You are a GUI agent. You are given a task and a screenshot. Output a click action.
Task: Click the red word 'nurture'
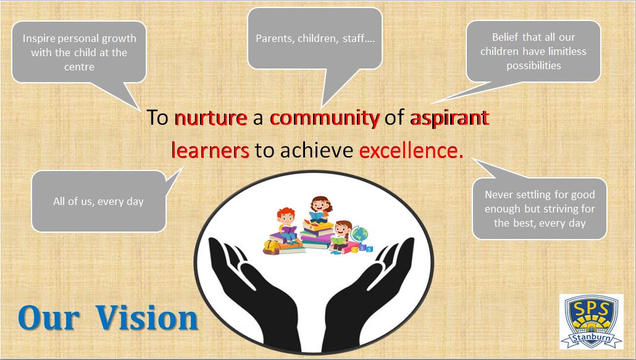point(211,118)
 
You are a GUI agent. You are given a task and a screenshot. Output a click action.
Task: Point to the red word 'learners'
point(210,150)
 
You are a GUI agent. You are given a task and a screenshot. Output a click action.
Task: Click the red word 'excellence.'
point(411,150)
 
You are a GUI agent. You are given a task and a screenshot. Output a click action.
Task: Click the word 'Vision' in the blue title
point(147,317)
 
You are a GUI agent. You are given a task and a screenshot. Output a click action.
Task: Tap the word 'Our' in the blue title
point(48,318)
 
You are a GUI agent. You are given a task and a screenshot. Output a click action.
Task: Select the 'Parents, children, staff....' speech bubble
point(315,38)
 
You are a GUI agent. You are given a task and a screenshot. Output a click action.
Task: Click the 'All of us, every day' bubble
point(99,201)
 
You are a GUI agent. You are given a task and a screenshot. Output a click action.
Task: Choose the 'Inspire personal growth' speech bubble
point(79,52)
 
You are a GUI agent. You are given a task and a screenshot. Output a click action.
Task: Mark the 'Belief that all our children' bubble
point(533,51)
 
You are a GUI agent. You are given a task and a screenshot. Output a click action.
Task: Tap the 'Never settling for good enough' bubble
point(540,208)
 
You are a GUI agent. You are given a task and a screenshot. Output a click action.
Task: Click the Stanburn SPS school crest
point(592,322)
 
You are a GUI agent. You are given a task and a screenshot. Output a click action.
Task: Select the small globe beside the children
point(359,235)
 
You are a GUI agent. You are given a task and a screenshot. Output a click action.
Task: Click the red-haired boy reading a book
point(287,225)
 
